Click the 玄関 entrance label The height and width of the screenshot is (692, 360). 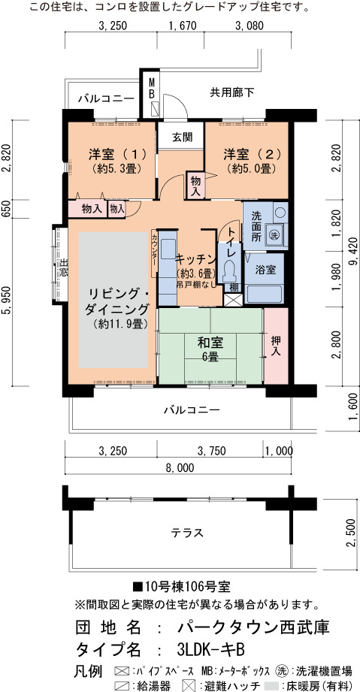[x=182, y=137]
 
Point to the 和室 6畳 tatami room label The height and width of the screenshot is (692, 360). [x=210, y=349]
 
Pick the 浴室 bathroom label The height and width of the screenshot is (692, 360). [x=266, y=270]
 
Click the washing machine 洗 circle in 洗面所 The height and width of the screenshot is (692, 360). [x=275, y=234]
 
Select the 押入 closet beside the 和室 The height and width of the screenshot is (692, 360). [x=276, y=346]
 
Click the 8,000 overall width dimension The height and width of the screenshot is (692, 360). [x=180, y=468]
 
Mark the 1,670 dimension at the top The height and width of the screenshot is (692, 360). [x=182, y=26]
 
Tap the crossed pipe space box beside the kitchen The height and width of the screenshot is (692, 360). [x=233, y=300]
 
